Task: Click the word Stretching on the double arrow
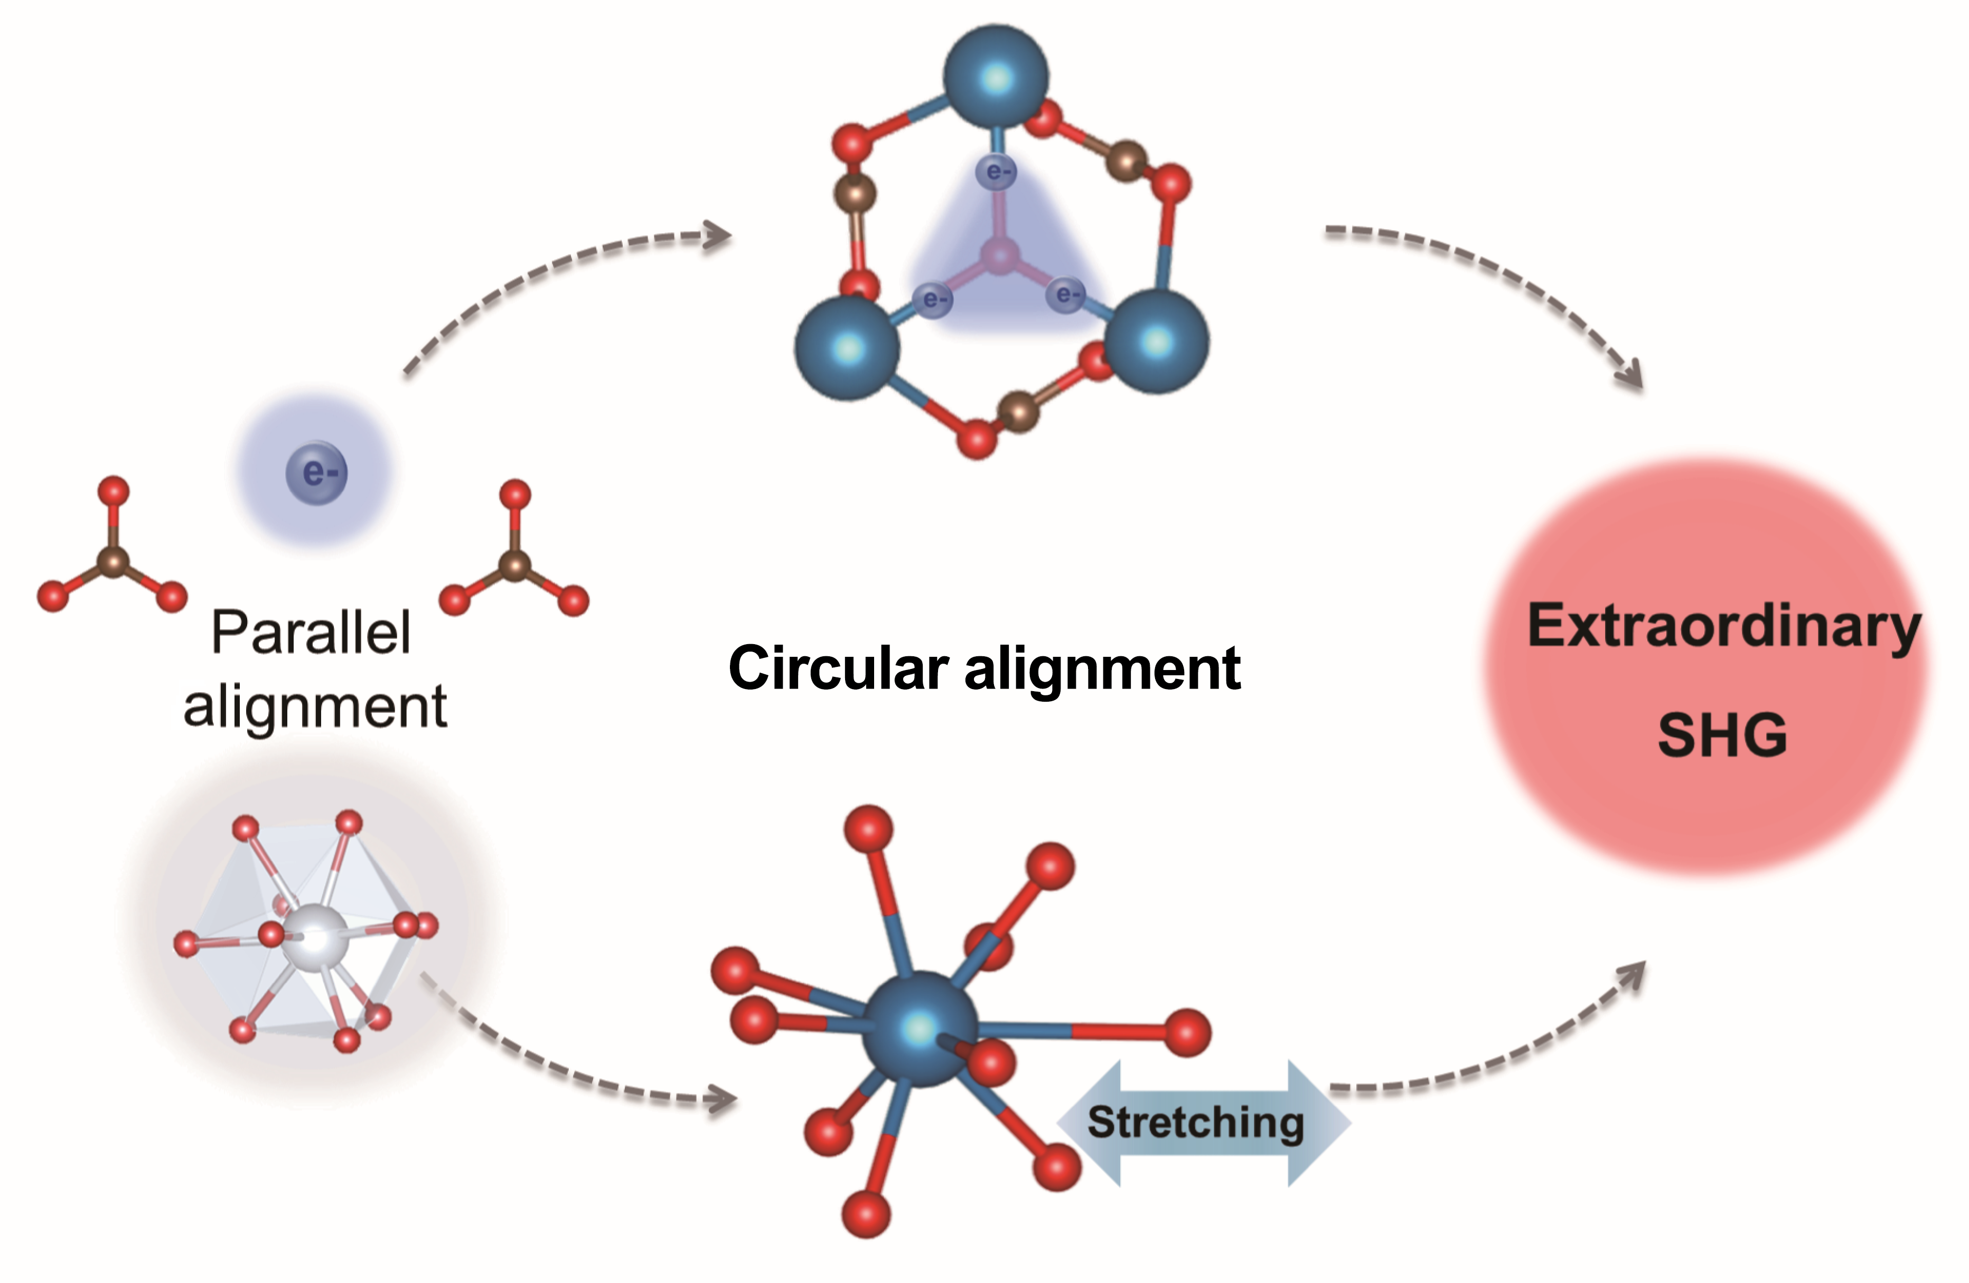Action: pos(1195,1122)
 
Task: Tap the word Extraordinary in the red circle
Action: pos(1723,626)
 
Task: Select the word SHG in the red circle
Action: pos(1722,734)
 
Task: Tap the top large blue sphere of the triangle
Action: pos(996,78)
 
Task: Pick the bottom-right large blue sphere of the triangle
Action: pos(1157,340)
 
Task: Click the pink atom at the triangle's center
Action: pos(1000,257)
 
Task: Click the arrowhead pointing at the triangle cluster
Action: pos(718,236)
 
